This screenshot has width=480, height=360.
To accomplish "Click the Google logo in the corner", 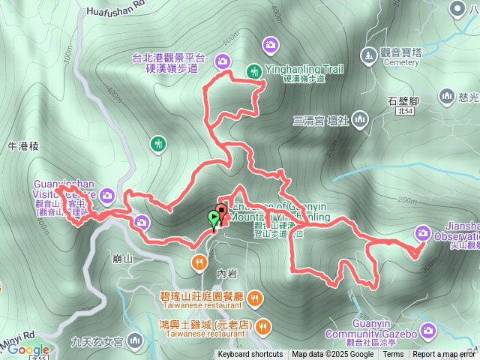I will click(29, 350).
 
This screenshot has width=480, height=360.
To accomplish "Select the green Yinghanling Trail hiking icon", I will click(254, 71).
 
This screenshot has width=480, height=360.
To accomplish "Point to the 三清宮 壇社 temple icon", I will click(360, 119).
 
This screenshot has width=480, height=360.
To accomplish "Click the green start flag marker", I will click(214, 219).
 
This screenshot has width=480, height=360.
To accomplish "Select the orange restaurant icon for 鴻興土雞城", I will click(263, 325).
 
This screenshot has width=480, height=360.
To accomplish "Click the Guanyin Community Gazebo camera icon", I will click(427, 328).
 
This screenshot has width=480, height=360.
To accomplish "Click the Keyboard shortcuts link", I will click(250, 355).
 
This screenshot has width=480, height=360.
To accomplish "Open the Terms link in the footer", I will click(393, 355).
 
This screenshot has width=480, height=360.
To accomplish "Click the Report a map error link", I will click(445, 355).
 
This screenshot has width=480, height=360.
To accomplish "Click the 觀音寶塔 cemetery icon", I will click(367, 55).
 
